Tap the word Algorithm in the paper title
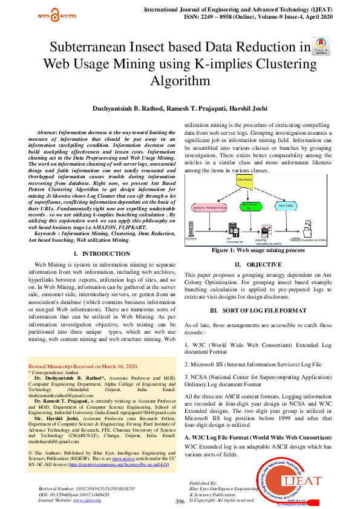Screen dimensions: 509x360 (180, 80)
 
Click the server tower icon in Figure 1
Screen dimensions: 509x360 (232, 229)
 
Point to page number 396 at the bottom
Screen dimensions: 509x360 (180, 485)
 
